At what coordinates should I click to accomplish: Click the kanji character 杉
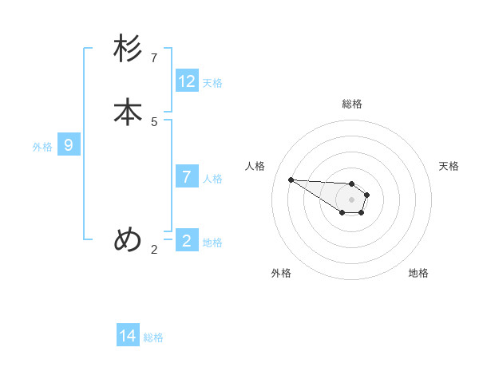(129, 49)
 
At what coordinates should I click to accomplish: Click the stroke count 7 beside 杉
(154, 58)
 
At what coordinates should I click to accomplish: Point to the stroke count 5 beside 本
(154, 122)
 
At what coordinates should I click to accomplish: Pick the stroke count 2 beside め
(154, 250)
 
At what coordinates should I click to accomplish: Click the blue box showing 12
(187, 81)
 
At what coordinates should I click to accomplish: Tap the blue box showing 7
(187, 176)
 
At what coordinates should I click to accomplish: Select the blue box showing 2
(187, 240)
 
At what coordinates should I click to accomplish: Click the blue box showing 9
(69, 145)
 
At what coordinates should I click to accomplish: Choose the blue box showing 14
(128, 336)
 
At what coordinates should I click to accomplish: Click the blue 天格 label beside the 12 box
(212, 82)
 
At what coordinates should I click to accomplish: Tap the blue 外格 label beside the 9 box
(42, 147)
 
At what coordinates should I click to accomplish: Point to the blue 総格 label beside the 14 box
(153, 337)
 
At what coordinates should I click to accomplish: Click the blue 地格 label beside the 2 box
(212, 242)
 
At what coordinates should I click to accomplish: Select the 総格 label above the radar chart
(352, 104)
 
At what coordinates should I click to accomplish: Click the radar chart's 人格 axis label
(255, 166)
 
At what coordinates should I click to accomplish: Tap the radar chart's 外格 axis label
(281, 273)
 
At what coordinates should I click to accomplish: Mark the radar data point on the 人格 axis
(291, 180)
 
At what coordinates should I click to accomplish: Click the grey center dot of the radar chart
(351, 199)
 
